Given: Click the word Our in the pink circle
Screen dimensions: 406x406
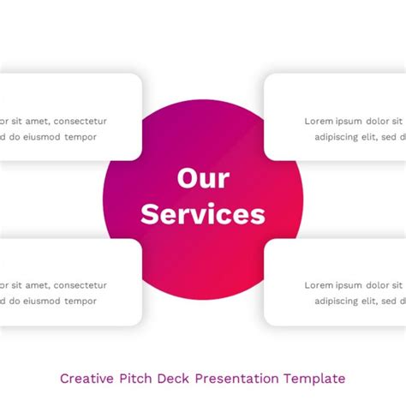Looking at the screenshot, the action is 203,178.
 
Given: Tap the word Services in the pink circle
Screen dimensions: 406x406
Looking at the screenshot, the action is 203,214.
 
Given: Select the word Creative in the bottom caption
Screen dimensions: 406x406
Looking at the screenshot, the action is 87,379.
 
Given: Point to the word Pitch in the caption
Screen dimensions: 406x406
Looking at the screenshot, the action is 135,379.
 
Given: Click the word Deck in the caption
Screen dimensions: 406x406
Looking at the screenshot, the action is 173,379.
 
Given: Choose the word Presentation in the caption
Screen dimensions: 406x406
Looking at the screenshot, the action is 236,379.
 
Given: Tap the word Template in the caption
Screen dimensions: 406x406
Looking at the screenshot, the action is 314,379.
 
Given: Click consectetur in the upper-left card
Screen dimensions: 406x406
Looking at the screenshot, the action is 81,122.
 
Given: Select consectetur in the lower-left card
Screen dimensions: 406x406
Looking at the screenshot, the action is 81,285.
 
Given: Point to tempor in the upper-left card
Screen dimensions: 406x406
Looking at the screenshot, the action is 81,138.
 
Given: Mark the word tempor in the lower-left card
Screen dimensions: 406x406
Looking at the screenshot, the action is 81,302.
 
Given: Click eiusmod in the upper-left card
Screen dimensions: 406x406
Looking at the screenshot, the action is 42,137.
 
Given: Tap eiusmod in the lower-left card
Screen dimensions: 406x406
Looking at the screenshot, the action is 42,301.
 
